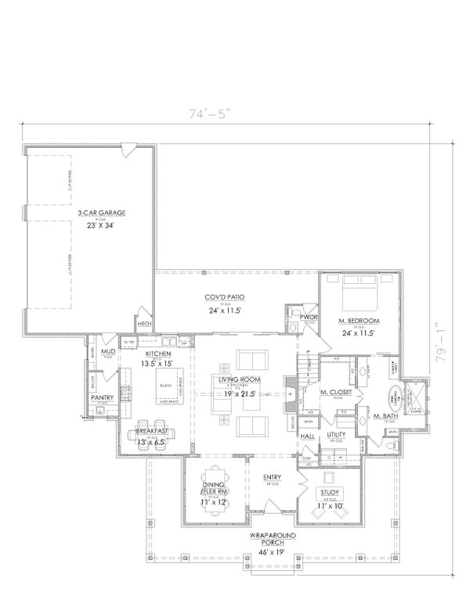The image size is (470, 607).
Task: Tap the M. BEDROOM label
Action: [x=359, y=321]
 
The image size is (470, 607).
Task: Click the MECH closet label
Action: [x=143, y=323]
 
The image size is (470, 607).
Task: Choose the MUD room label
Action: [x=107, y=352]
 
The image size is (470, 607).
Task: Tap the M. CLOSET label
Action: [x=334, y=392]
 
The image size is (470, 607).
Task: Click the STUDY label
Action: [x=328, y=493]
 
